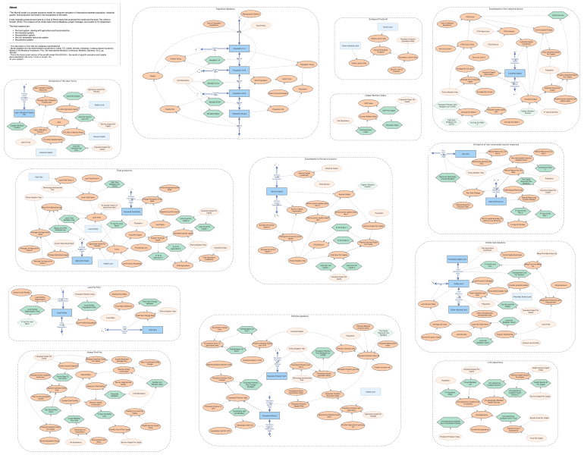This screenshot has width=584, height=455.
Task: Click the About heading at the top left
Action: click(x=14, y=7)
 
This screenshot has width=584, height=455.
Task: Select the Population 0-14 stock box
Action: click(x=238, y=49)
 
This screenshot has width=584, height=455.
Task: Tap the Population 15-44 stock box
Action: click(x=238, y=71)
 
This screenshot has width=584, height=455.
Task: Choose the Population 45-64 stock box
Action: click(x=238, y=93)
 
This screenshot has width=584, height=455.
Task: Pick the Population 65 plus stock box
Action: click(x=238, y=114)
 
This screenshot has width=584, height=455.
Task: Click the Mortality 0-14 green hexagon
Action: click(x=215, y=59)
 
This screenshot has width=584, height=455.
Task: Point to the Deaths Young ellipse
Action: click(x=175, y=58)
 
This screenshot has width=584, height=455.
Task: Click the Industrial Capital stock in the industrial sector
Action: click(x=515, y=74)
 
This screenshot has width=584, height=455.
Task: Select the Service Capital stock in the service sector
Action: click(x=277, y=192)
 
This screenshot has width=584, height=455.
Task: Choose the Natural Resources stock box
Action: click(x=496, y=202)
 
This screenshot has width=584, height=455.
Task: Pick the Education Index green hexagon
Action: click(x=391, y=125)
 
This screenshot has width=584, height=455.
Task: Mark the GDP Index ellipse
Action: click(x=369, y=102)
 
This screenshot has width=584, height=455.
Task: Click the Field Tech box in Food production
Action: click(x=40, y=177)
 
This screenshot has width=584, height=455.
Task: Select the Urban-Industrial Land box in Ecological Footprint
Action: click(x=351, y=45)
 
